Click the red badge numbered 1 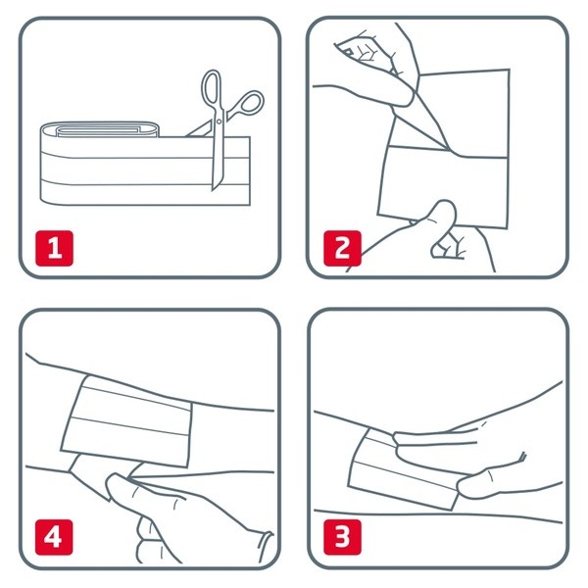(x=54, y=248)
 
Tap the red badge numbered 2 (x=342, y=248)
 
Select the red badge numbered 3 (x=342, y=537)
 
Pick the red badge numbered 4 (x=54, y=537)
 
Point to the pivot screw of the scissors (x=219, y=122)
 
